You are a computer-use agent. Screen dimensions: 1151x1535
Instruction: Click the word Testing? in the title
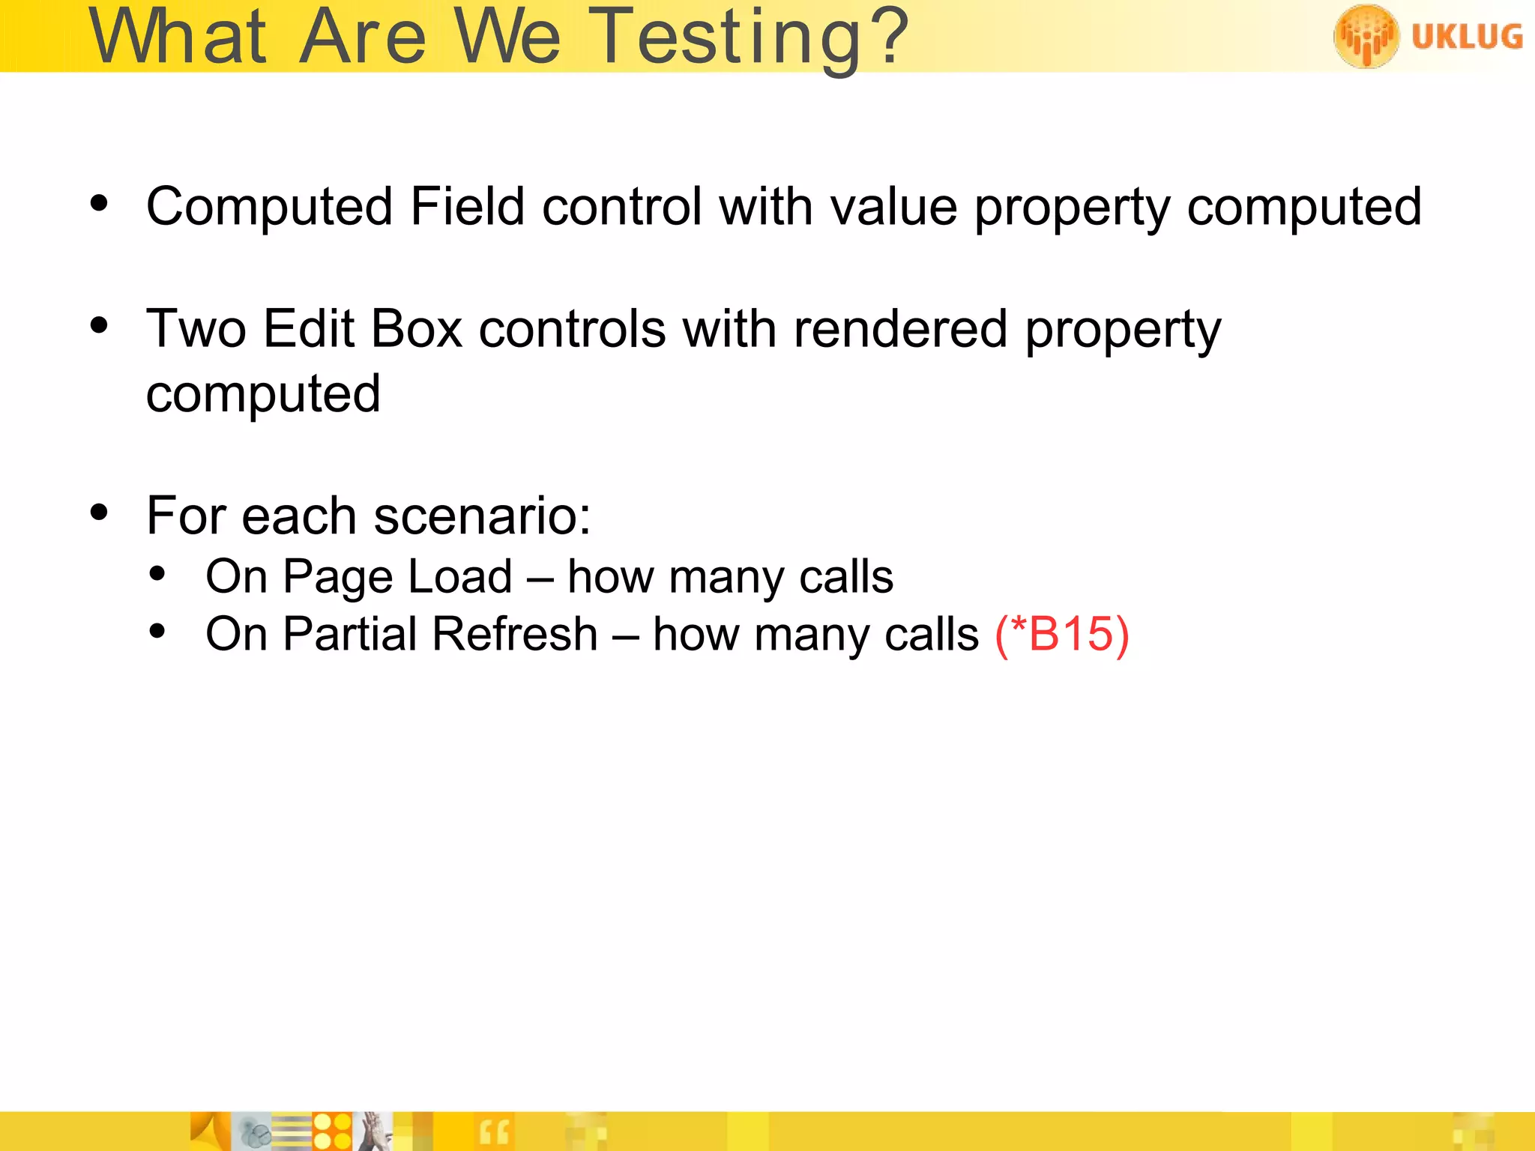(750, 37)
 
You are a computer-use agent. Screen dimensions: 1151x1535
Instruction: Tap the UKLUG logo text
(1467, 37)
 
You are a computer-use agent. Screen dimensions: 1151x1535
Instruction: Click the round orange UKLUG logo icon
(1366, 36)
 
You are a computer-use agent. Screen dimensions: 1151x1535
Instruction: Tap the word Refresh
(515, 634)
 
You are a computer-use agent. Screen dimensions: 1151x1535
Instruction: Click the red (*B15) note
(1061, 634)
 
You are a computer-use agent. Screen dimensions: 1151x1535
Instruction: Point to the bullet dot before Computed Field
(99, 203)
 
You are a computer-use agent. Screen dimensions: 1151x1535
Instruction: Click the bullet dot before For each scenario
(99, 513)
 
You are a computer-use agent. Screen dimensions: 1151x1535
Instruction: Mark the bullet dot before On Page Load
(157, 574)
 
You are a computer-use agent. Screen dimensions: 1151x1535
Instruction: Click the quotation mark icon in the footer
(494, 1132)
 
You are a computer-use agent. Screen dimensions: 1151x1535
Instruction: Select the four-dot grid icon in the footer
(332, 1132)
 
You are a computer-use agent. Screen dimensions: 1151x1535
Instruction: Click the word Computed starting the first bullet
(269, 206)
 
